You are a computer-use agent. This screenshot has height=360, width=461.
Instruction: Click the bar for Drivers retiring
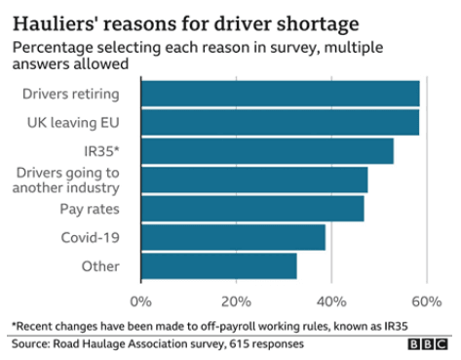(x=280, y=94)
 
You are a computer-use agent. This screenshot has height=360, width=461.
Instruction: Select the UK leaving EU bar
(x=280, y=123)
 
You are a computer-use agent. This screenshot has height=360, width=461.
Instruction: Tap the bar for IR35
(x=267, y=151)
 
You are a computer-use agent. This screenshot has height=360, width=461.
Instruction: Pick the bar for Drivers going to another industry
(x=254, y=180)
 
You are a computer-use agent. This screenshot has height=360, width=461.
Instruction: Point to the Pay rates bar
(x=252, y=209)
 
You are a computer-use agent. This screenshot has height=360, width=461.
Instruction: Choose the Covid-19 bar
(x=233, y=237)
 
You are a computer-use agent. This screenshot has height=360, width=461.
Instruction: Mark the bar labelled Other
(x=218, y=265)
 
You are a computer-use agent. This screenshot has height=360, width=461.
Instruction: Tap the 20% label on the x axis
(x=236, y=299)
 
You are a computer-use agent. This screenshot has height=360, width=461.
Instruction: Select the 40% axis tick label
(x=331, y=299)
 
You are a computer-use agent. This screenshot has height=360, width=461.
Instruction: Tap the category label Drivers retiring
(x=70, y=94)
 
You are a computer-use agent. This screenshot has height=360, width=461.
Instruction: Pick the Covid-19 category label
(x=90, y=237)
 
